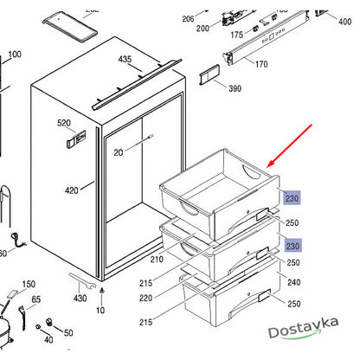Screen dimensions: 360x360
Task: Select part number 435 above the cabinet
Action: [125, 60]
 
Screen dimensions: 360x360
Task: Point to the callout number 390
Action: [234, 88]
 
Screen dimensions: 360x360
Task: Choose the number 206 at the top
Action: [188, 19]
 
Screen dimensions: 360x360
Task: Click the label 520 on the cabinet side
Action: [65, 125]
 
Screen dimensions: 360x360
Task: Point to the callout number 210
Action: [157, 259]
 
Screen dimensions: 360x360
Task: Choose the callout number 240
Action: [293, 282]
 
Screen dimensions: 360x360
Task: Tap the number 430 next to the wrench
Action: [80, 298]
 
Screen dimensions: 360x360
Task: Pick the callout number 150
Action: [29, 285]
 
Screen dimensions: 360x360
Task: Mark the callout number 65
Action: [35, 299]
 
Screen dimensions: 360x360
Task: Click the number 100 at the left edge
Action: [15, 55]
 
